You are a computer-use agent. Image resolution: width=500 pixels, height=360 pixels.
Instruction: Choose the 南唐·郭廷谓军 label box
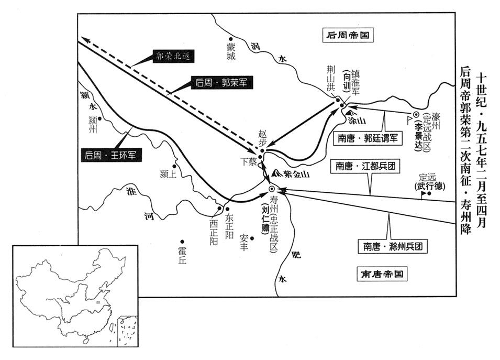tap(366, 138)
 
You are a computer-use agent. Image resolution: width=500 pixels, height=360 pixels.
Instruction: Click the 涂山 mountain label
tap(356, 120)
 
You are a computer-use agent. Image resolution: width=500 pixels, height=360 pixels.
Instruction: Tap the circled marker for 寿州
tap(271, 189)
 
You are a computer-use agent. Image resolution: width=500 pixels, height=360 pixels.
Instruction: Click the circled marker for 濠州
tap(416, 114)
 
